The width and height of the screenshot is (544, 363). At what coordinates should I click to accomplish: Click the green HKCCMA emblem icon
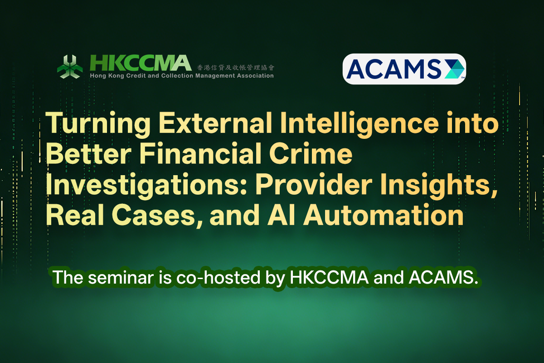[70, 67]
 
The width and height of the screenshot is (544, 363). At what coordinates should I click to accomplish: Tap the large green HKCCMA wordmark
[141, 63]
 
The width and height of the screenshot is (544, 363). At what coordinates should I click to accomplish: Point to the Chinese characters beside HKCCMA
[235, 67]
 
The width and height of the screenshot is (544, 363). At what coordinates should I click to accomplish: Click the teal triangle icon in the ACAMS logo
[454, 69]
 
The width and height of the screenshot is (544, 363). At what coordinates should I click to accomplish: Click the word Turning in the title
[98, 123]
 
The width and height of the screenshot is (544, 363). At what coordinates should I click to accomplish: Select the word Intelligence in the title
[359, 124]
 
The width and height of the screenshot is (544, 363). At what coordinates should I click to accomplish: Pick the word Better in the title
[89, 153]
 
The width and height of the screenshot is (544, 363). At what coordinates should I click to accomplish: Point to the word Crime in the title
[311, 153]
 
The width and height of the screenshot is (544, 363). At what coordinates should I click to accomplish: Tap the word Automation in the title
[384, 215]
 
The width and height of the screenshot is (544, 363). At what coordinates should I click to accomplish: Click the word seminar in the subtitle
[121, 277]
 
